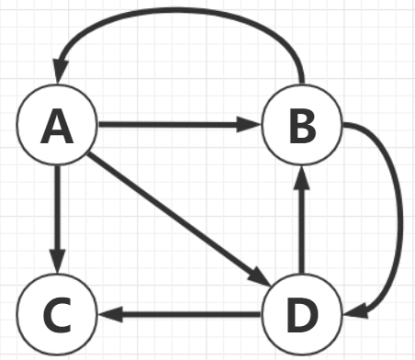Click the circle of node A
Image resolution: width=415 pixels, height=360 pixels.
57,126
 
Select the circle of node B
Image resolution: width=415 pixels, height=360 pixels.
300,126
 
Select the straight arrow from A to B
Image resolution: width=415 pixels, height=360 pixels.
174,124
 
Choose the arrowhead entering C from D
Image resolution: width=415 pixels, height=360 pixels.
108,314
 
